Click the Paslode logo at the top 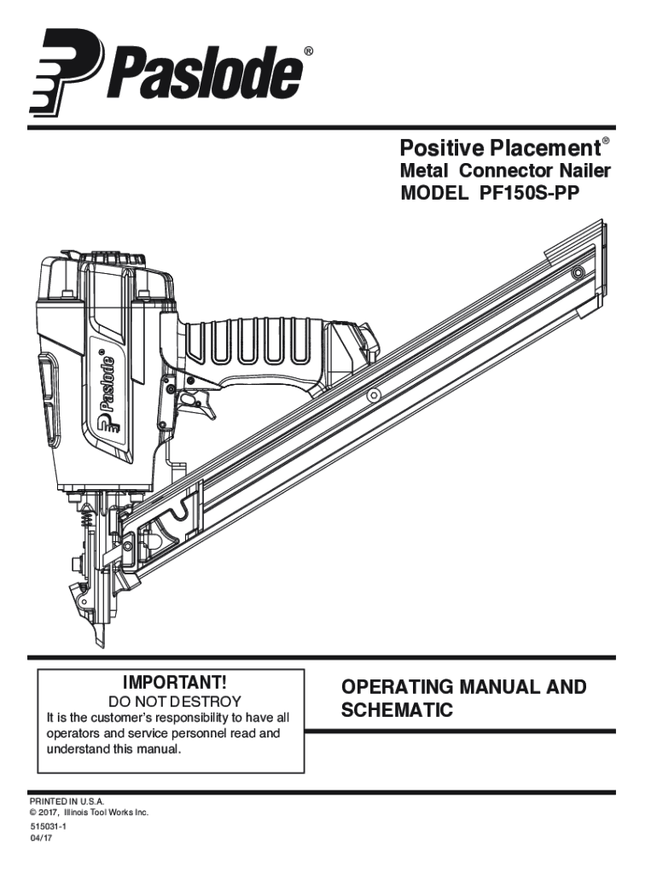[x=166, y=73]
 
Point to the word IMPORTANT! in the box [x=175, y=683]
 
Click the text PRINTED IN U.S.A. [x=67, y=802]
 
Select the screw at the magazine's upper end [x=579, y=272]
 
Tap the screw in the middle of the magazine [x=373, y=395]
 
